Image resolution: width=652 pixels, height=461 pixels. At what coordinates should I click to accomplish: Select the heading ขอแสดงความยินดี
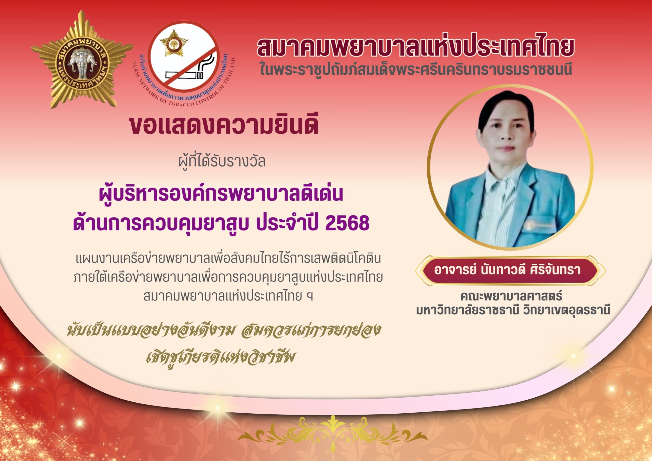pos(224,126)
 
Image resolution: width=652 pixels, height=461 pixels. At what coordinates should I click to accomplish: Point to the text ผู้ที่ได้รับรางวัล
pos(222,161)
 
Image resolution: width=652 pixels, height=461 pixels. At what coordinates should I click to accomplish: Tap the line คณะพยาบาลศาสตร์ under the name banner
pos(511,296)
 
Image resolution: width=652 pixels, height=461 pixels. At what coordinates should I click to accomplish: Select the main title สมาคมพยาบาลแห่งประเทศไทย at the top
pos(416,47)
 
